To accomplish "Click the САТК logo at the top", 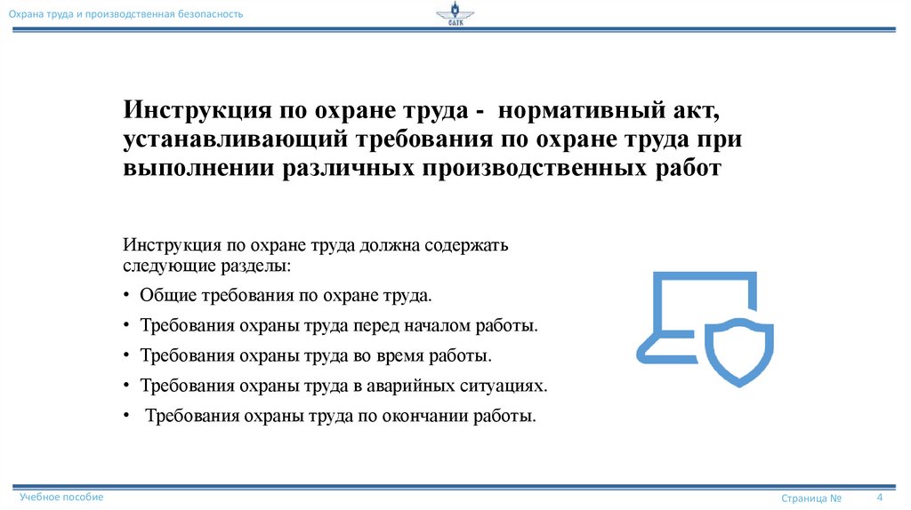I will [x=455, y=16].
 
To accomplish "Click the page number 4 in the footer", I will [x=879, y=497].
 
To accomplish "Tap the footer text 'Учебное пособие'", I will [x=61, y=498].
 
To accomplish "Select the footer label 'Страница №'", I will [x=811, y=498].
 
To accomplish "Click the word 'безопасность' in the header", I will [x=207, y=15].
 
